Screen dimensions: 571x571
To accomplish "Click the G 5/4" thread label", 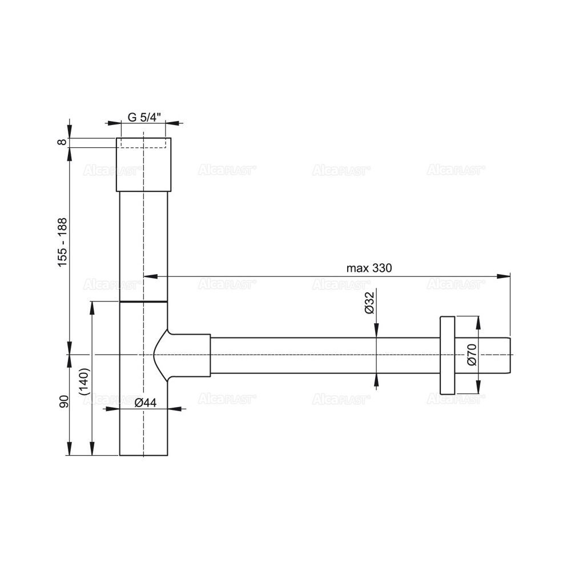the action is click(144, 118).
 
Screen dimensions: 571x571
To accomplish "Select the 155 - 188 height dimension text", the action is click(63, 242).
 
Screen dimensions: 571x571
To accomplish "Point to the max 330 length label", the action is click(369, 268).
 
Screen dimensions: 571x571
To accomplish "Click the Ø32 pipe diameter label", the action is click(369, 302).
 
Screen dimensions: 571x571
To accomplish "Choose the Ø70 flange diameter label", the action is click(471, 355).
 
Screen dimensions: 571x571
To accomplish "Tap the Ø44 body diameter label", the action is click(145, 403).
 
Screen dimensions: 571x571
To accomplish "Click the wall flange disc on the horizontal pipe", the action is click(447, 355).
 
